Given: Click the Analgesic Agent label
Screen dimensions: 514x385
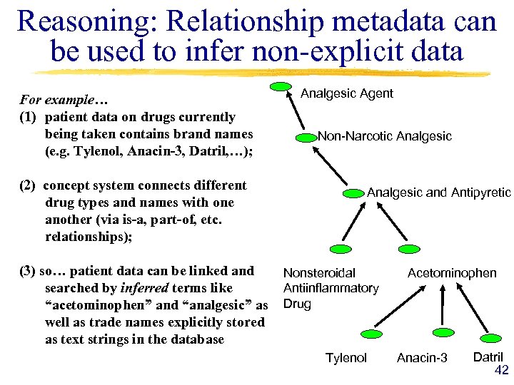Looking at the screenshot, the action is [346, 93].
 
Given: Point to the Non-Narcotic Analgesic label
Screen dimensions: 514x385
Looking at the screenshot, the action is [384, 135].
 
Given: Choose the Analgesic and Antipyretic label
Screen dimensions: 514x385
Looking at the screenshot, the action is [438, 192].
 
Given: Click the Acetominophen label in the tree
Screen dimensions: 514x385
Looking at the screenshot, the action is [451, 273].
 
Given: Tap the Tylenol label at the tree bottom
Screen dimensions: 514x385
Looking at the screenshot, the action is [346, 357].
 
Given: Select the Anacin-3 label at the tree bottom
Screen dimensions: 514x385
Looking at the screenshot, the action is [422, 357].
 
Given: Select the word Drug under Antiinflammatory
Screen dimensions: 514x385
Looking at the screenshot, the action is [297, 304].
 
